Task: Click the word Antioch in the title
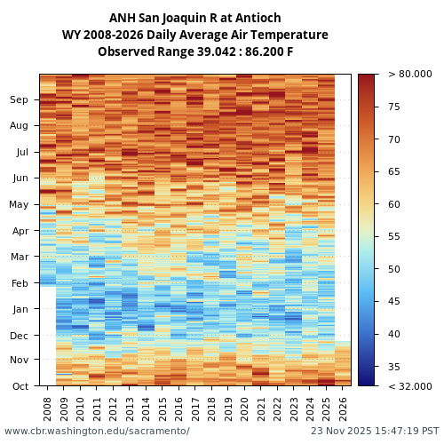coord(258,18)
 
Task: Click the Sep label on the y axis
coord(20,100)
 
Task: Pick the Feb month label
coord(20,283)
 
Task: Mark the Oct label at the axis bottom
coord(20,386)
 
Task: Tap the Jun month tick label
coord(20,178)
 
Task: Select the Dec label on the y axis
coord(20,336)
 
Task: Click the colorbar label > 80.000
coord(409,75)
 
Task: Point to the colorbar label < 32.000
coord(409,386)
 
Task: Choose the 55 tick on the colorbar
coord(393,237)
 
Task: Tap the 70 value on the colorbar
coord(393,139)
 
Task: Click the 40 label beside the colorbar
coord(393,335)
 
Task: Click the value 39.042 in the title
coord(206,52)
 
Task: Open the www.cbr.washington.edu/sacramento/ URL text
coord(97,432)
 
